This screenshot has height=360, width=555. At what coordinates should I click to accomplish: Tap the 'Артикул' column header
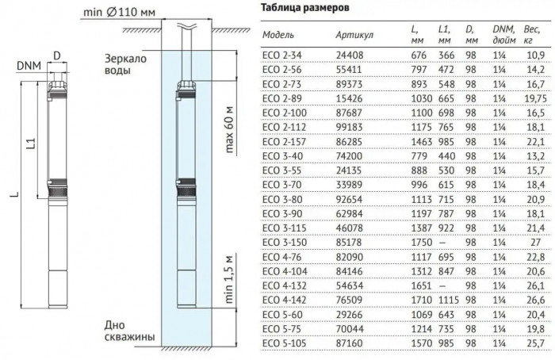tap(354, 36)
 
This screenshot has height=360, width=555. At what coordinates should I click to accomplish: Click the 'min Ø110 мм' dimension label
tap(116, 12)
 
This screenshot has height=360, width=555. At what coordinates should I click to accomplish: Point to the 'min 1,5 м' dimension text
tap(228, 282)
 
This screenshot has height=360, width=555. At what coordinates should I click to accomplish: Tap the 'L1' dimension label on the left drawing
tap(29, 144)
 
